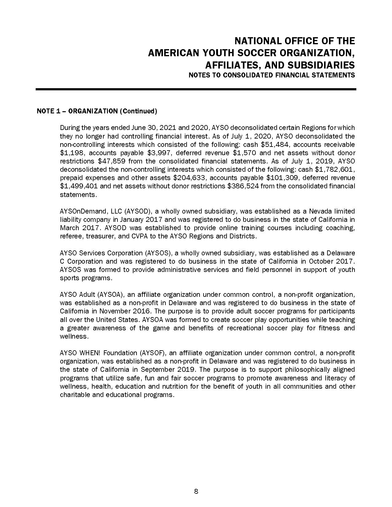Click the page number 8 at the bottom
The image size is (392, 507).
pyautogui.click(x=196, y=491)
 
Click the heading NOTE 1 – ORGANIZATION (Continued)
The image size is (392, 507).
pyautogui.click(x=97, y=111)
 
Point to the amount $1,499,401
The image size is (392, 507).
pyautogui.click(x=79, y=186)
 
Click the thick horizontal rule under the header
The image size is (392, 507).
pyautogui.click(x=196, y=89)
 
